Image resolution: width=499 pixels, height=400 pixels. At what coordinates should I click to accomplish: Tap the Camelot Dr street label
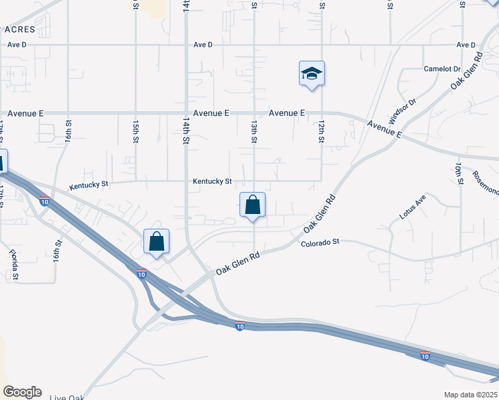(442, 69)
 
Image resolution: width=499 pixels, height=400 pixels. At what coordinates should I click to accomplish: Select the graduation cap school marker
(311, 73)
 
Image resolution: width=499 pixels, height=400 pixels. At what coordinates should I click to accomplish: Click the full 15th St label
(135, 131)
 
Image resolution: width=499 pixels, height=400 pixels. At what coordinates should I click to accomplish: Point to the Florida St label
(13, 265)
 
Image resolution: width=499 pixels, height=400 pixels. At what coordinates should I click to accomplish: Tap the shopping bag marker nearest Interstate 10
(156, 242)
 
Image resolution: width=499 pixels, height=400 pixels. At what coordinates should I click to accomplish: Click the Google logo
(21, 392)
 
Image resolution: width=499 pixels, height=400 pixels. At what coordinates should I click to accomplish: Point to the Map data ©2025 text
(470, 395)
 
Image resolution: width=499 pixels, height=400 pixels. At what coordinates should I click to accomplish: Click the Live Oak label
(67, 398)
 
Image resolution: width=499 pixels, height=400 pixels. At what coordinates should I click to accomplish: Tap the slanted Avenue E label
(385, 129)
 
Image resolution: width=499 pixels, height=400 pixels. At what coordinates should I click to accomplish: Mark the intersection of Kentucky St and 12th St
(322, 181)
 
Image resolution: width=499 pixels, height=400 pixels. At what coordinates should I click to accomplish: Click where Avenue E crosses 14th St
(186, 113)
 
